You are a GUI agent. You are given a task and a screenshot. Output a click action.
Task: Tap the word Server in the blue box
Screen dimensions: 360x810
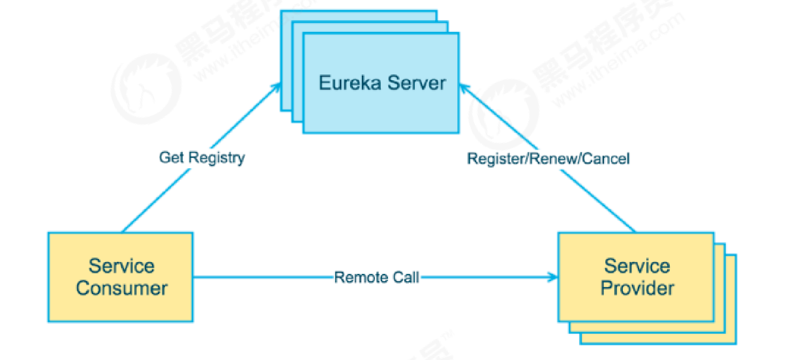[414, 83]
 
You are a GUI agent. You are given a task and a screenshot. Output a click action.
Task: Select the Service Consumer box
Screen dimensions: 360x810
[121, 277]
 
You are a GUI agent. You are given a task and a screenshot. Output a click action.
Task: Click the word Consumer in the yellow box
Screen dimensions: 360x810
[122, 288]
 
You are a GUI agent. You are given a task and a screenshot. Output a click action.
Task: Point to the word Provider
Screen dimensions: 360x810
[637, 288]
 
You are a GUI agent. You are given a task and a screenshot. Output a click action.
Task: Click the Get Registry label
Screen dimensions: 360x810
[202, 158]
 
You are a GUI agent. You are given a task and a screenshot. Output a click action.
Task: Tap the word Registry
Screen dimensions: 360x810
[218, 158]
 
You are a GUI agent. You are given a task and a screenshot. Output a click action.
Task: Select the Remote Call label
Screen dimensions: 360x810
[376, 277]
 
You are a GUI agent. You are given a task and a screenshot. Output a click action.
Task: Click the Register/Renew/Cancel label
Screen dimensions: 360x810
[548, 158]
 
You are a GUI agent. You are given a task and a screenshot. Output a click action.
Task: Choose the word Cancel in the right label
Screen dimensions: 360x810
[606, 158]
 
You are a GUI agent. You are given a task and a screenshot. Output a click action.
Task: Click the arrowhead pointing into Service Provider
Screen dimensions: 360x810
[554, 277]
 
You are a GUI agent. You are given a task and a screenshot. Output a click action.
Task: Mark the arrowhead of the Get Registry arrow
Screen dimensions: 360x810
[277, 87]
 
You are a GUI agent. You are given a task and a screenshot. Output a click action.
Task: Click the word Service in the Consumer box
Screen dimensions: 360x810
[122, 266]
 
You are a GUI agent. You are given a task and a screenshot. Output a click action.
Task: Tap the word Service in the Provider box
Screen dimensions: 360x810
[637, 265]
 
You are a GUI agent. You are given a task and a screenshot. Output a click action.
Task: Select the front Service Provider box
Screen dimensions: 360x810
[636, 277]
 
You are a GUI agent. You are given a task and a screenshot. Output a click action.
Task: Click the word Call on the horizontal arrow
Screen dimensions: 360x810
[405, 277]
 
